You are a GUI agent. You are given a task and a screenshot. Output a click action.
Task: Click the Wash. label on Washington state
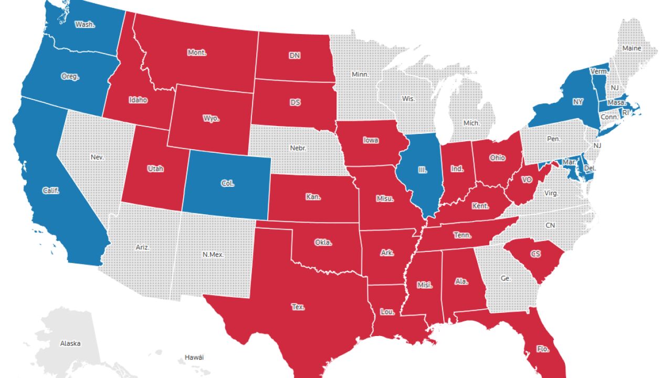point(85,24)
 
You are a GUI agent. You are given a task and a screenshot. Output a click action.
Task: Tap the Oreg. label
point(70,77)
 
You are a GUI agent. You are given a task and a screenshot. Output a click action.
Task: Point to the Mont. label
point(197,52)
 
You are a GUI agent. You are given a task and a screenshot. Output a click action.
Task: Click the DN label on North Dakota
point(295,55)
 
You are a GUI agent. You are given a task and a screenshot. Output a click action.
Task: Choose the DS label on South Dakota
point(295,102)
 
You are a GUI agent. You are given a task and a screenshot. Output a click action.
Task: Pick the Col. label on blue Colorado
point(228,184)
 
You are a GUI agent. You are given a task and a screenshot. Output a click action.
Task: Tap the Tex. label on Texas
point(298,307)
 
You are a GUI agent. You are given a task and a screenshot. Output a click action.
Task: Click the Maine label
point(632,48)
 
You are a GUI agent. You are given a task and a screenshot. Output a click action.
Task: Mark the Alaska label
point(70,343)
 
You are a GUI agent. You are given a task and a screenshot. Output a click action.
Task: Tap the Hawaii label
point(194,358)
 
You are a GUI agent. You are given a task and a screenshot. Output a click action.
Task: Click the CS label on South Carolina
point(535,254)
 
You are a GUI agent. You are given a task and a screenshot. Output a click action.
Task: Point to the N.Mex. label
point(213,255)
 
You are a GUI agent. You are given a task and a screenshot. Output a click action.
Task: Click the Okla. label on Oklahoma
point(323,242)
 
